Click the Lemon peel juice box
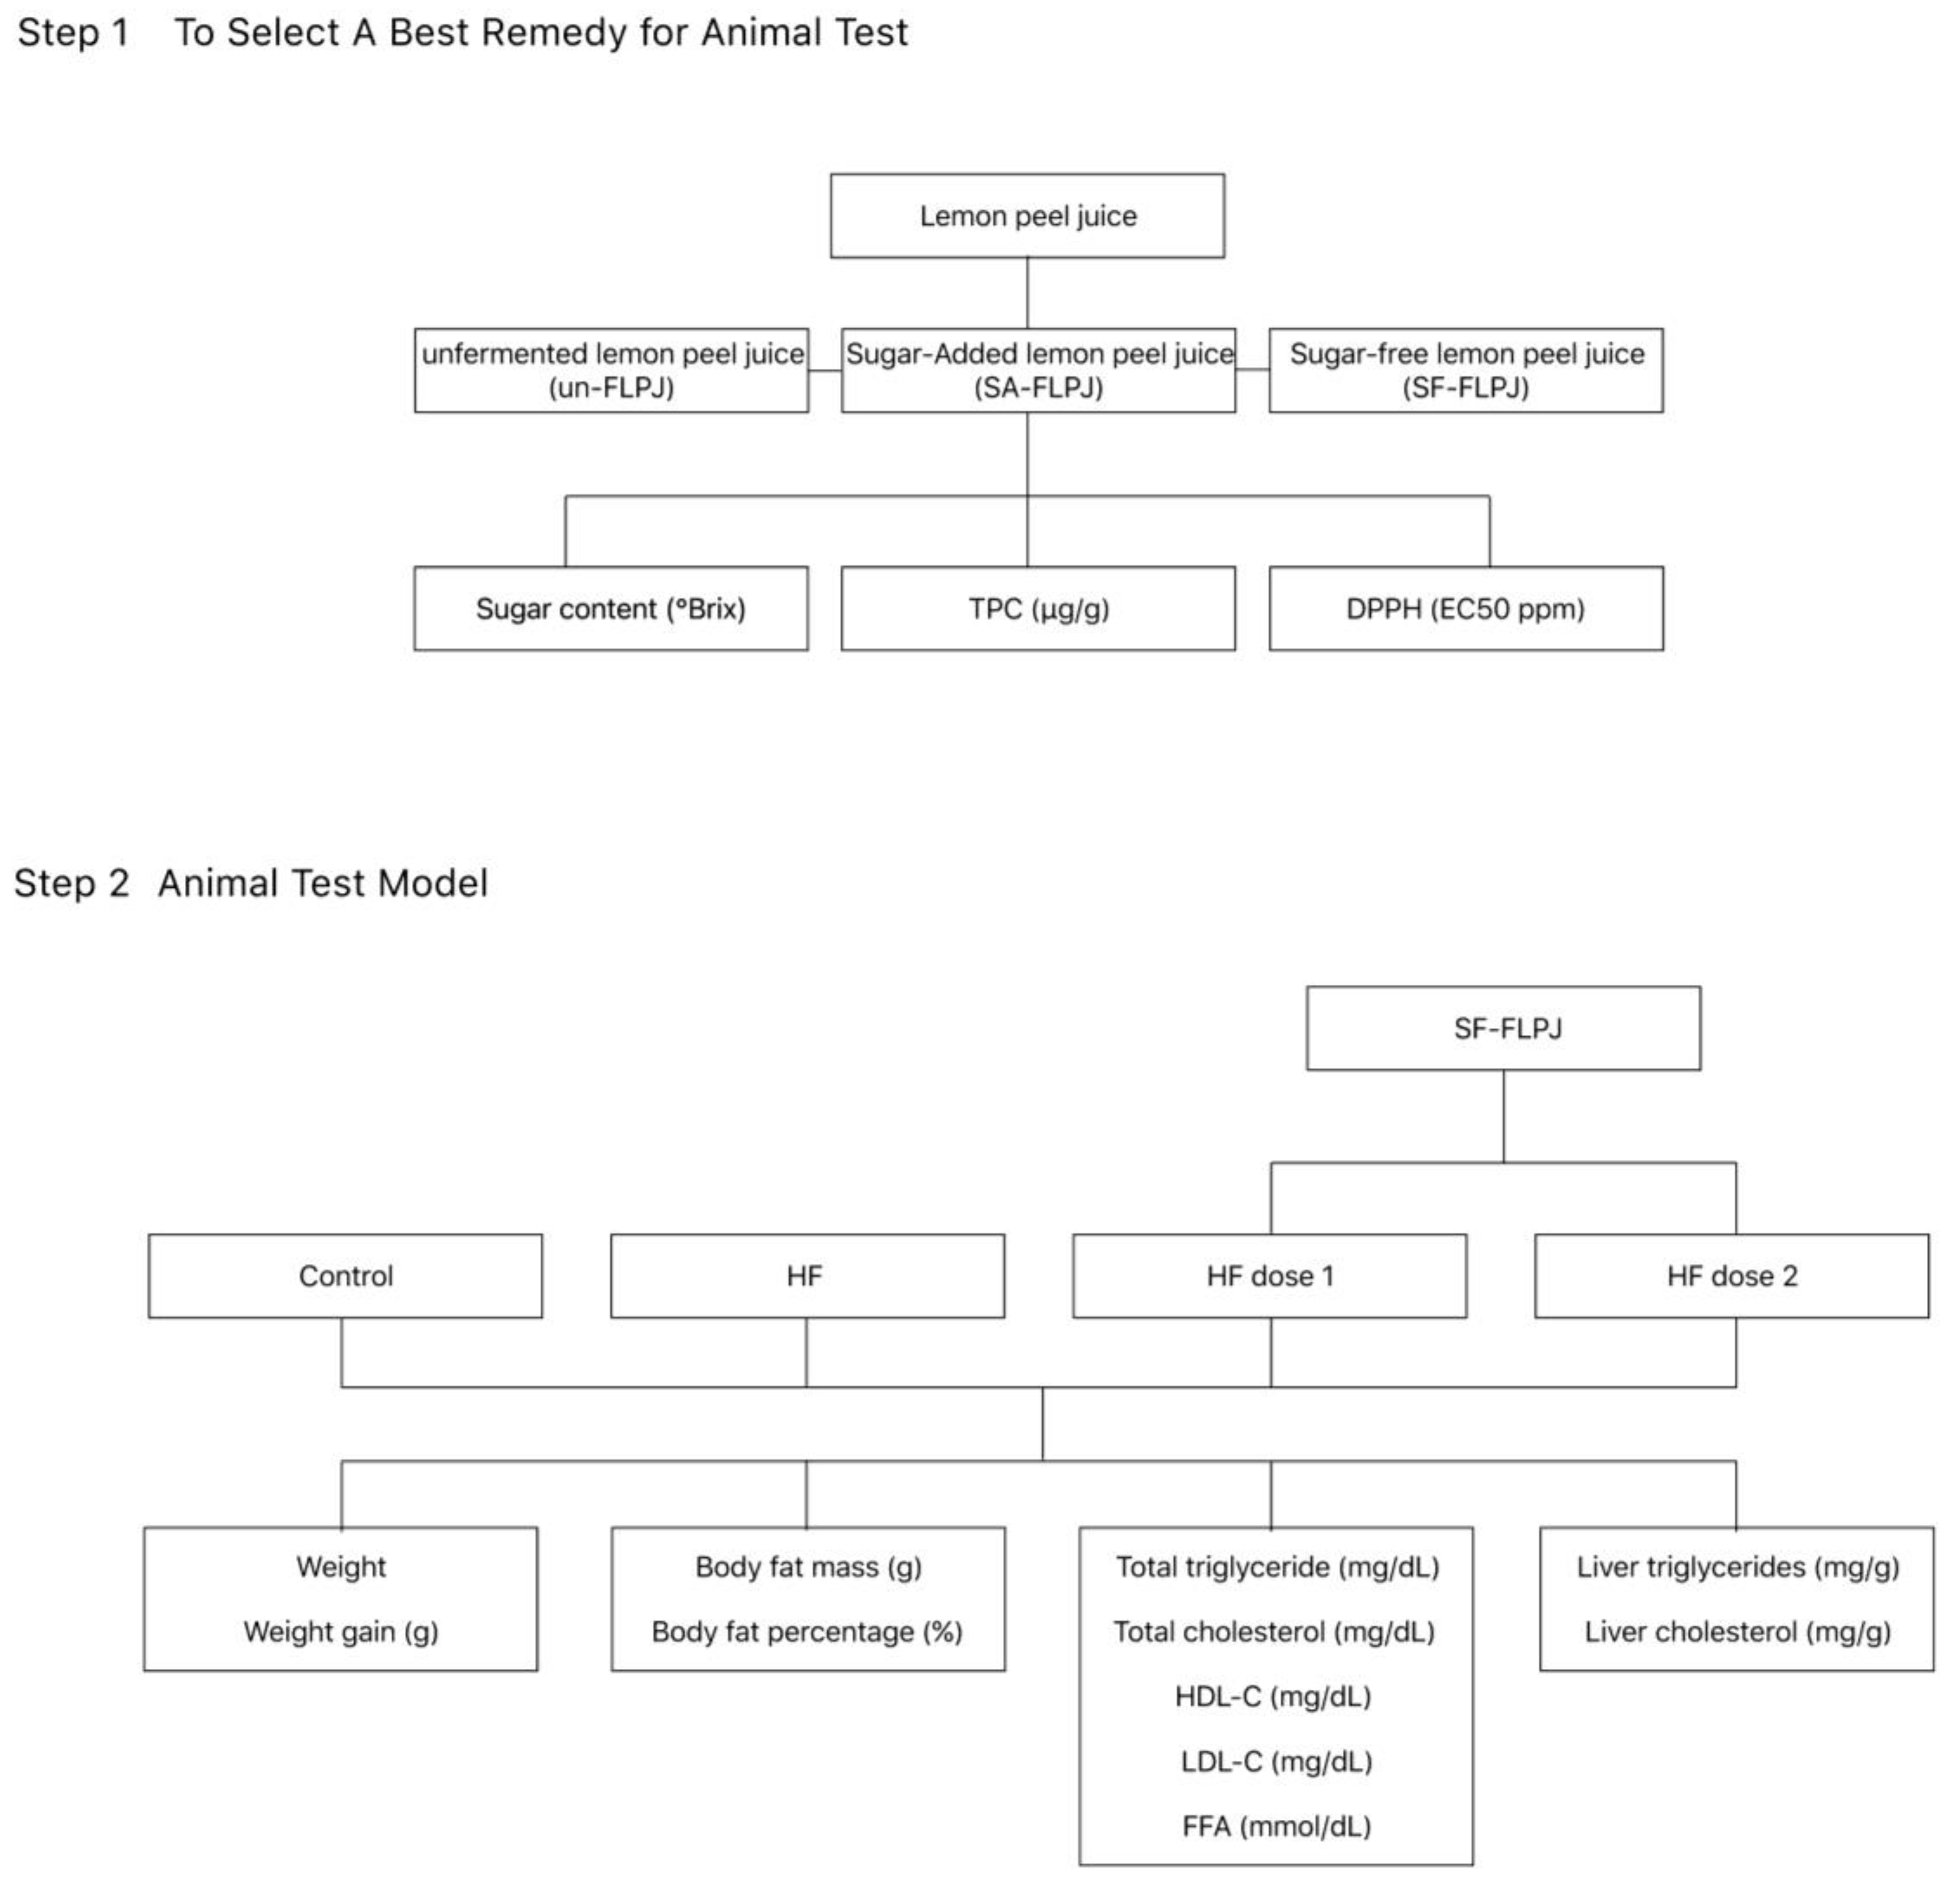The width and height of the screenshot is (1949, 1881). [x=1027, y=216]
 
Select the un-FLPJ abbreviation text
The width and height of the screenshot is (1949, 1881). [x=612, y=387]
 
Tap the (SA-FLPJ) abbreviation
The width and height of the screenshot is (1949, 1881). [x=1038, y=387]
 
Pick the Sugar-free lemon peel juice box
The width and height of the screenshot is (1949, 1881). [x=1466, y=369]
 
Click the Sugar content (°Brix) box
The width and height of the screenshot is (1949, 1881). [x=611, y=608]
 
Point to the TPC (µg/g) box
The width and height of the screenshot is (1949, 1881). [x=1038, y=608]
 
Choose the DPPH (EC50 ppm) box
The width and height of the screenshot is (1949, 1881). [x=1466, y=608]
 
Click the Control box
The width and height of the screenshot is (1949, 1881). [x=345, y=1275]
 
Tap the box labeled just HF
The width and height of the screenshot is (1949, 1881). [x=806, y=1275]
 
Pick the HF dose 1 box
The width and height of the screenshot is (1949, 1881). [x=1270, y=1275]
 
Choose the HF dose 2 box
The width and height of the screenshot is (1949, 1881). [x=1732, y=1275]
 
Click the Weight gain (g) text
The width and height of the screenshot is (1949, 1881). [x=341, y=1631]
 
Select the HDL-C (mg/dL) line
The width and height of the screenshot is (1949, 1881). [x=1274, y=1696]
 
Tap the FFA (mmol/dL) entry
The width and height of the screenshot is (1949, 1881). [x=1276, y=1826]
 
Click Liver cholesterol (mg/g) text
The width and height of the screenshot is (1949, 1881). [x=1737, y=1631]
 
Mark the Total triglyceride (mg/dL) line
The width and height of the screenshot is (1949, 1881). [x=1277, y=1567]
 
